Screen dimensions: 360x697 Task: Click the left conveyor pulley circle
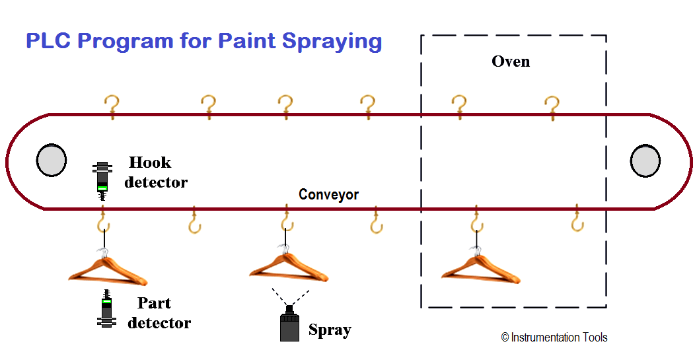click(x=51, y=161)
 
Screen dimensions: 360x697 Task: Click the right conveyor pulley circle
click(x=645, y=161)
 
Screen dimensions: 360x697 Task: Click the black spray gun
click(x=289, y=324)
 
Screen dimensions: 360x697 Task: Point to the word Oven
click(x=511, y=62)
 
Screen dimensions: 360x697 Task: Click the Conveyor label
click(x=328, y=195)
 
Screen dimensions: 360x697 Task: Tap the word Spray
click(x=330, y=330)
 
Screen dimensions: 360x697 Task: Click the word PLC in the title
click(x=48, y=41)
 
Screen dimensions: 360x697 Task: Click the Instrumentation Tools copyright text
click(x=554, y=338)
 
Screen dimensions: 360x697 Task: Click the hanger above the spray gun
click(x=288, y=265)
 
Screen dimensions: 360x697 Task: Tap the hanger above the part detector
click(x=107, y=268)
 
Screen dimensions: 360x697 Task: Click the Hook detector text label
click(x=155, y=172)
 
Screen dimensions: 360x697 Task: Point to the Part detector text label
click(x=159, y=313)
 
